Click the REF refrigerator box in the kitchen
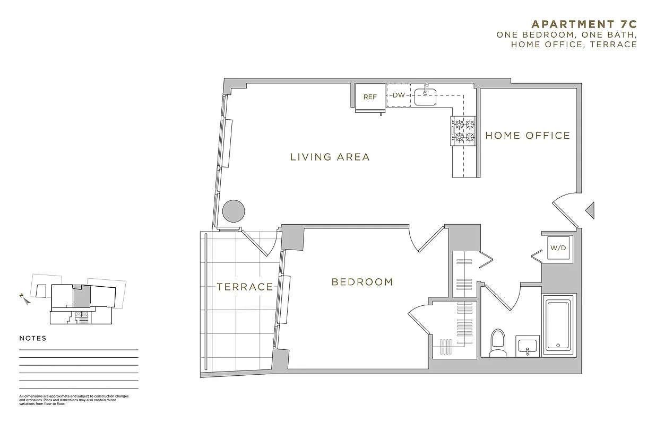coord(369,97)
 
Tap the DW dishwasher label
coord(399,95)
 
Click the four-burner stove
coord(463,131)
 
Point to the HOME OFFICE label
coord(528,136)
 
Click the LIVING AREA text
coord(330,157)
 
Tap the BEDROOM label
coord(362,282)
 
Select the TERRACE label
coord(245,287)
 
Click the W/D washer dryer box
coord(557,248)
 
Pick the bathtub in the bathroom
coord(558,324)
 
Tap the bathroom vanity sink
coord(528,347)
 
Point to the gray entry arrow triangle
coord(590,210)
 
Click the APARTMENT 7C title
coord(584,24)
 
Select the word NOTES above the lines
coord(33,338)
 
